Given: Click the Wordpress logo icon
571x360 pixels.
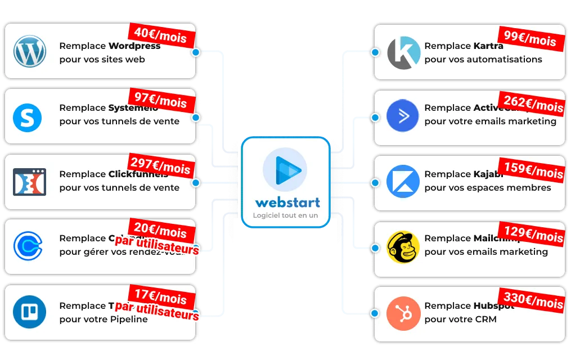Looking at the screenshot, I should pyautogui.click(x=29, y=51).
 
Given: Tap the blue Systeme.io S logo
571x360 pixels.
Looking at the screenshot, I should pyautogui.click(x=27, y=117).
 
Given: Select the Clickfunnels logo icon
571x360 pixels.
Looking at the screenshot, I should pyautogui.click(x=29, y=182).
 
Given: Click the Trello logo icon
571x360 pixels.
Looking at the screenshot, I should pyautogui.click(x=29, y=312).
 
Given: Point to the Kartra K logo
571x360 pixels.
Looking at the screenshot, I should pyautogui.click(x=403, y=53).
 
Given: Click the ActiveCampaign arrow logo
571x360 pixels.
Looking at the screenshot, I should pyautogui.click(x=403, y=116).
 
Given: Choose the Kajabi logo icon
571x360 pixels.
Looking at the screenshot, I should pyautogui.click(x=403, y=181).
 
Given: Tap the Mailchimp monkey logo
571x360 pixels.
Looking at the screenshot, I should pyautogui.click(x=403, y=247).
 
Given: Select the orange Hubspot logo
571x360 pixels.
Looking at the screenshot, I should pyautogui.click(x=403, y=313).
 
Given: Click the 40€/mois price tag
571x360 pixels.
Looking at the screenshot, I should pyautogui.click(x=161, y=35).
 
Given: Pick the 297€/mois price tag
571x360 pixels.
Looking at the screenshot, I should pyautogui.click(x=160, y=166).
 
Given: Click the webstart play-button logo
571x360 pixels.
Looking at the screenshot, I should pyautogui.click(x=285, y=169).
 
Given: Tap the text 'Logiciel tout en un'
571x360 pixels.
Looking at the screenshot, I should pyautogui.click(x=285, y=215).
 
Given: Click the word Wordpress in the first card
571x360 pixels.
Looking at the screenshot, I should pyautogui.click(x=134, y=46).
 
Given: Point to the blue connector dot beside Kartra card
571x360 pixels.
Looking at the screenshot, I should pyautogui.click(x=375, y=52).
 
